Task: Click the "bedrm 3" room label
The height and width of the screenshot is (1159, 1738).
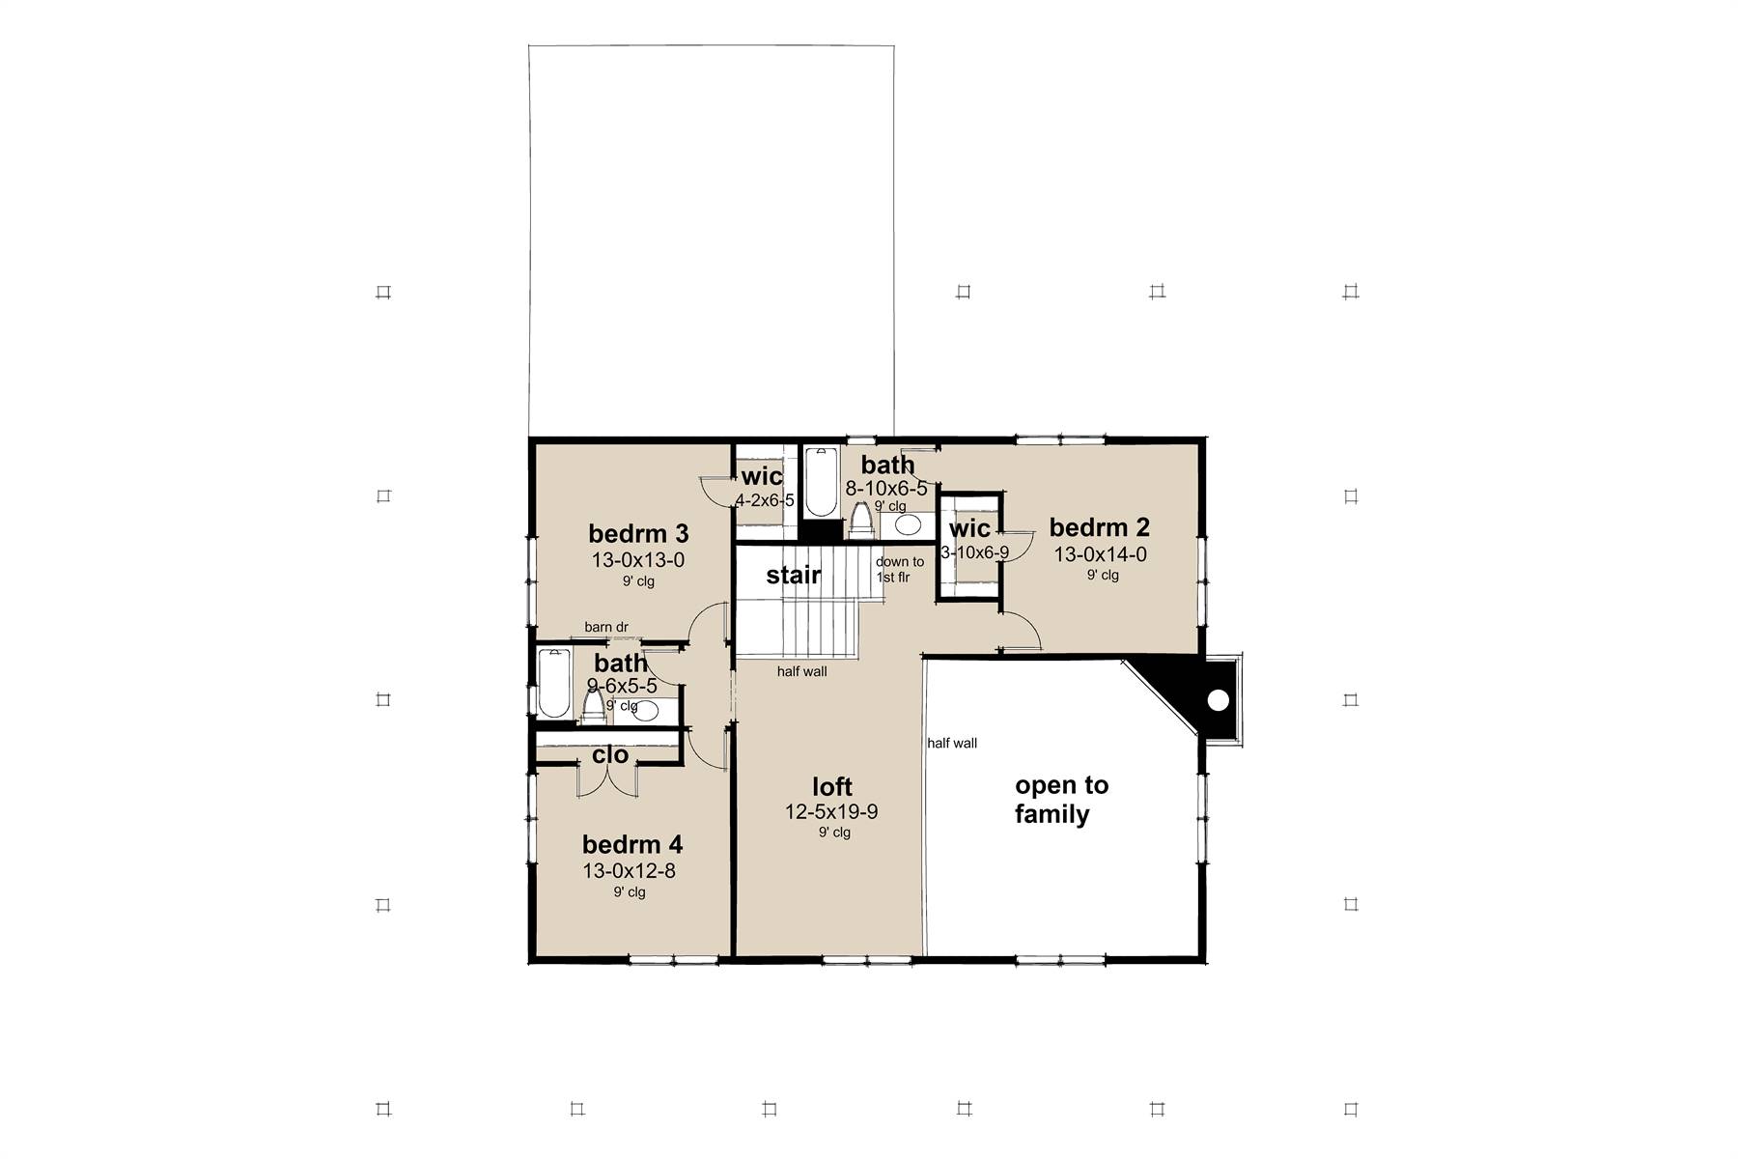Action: pos(638,533)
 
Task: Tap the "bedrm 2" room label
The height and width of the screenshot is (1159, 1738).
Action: pos(1100,527)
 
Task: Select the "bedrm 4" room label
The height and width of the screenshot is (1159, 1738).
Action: pos(632,845)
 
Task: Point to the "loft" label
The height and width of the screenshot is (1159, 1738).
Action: pos(832,786)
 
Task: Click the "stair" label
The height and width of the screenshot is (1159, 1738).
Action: pos(794,576)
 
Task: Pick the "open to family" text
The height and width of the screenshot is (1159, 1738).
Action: pos(1061,800)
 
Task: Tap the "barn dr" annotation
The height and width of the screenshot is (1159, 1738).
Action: pos(606,627)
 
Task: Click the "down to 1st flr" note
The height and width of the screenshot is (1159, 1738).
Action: pos(900,569)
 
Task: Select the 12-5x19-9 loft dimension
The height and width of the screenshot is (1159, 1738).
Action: pos(831,812)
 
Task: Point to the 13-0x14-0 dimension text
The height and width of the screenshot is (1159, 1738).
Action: pos(1100,554)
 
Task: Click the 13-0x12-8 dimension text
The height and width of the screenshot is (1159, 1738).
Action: pos(629,871)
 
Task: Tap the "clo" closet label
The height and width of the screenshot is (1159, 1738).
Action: pos(610,754)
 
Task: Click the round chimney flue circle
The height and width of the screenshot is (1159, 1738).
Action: pos(1219,700)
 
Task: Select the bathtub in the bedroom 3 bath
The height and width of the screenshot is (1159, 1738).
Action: pos(554,683)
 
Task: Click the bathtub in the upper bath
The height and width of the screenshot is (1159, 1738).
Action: pos(822,481)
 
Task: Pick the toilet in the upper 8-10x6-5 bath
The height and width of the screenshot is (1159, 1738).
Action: pos(860,520)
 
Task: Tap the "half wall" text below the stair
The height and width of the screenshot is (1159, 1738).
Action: pos(802,671)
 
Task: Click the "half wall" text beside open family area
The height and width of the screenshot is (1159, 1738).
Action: pos(952,743)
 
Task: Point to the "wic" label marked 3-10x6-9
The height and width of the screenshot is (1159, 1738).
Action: pos(969,528)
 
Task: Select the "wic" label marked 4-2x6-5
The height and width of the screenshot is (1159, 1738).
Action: pos(762,476)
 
